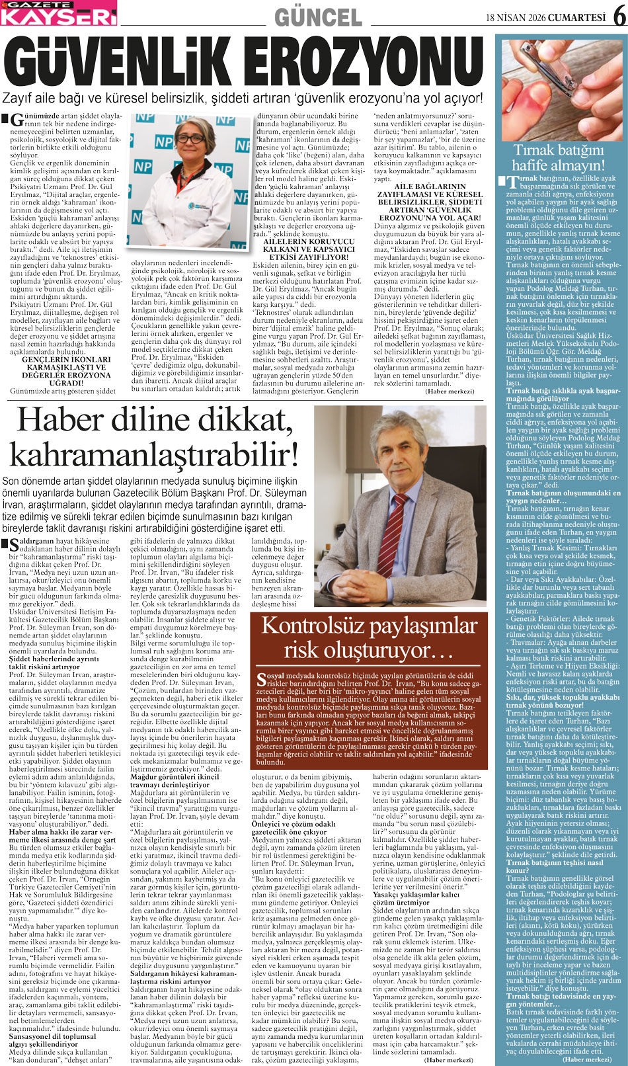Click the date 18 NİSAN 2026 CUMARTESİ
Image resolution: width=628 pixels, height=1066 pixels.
coord(545,17)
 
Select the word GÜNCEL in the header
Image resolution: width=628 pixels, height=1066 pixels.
coord(318,16)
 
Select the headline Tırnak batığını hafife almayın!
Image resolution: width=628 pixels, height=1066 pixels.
coord(558,157)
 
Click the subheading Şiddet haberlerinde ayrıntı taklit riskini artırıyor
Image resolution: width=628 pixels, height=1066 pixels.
coord(54,663)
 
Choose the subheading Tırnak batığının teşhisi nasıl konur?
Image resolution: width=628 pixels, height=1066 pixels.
coord(555,866)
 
